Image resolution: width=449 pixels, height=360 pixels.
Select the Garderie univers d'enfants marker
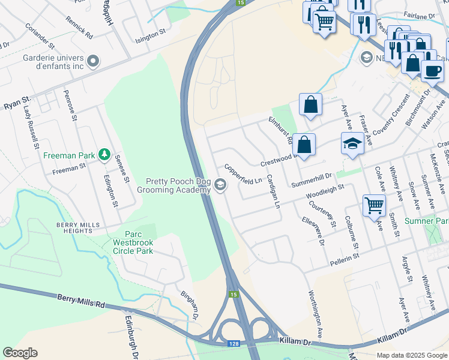pyautogui.click(x=92, y=61)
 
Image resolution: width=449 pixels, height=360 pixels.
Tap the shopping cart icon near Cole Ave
pyautogui.click(x=374, y=205)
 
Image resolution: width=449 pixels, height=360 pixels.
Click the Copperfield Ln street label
pyautogui.click(x=244, y=173)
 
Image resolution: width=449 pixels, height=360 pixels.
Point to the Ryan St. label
pyautogui.click(x=17, y=104)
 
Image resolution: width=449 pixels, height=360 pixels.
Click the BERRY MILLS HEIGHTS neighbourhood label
pyautogui.click(x=77, y=227)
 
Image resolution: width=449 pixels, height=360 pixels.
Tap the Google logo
pyautogui.click(x=20, y=353)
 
